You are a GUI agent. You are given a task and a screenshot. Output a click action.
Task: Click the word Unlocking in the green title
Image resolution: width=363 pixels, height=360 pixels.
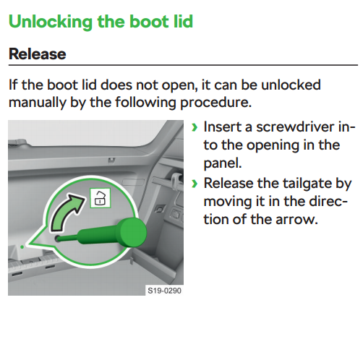coord(51,22)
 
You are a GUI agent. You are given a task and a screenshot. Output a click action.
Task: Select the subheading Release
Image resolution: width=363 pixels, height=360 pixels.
coord(38,53)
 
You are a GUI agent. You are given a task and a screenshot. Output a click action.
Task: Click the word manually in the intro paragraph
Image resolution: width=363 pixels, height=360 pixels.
coord(38,103)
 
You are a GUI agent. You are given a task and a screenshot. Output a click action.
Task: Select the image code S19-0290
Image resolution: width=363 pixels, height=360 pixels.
coord(164,291)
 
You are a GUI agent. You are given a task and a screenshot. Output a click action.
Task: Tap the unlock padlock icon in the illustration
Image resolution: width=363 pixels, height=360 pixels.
coord(101,198)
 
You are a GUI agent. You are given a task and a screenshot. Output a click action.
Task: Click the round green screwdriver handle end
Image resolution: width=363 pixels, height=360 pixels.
coord(133,233)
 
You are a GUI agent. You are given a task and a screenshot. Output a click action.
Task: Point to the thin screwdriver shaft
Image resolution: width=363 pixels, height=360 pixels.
coord(68,239)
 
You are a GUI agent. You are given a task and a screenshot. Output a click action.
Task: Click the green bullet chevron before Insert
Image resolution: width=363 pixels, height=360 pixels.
coord(195,127)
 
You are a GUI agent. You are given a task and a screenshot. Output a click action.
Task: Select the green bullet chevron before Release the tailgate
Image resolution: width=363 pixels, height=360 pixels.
coord(195,184)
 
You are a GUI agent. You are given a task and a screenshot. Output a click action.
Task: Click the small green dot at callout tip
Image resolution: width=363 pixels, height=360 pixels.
coord(22,247)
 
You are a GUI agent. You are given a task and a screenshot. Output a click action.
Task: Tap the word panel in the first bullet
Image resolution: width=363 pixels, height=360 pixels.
coord(223,163)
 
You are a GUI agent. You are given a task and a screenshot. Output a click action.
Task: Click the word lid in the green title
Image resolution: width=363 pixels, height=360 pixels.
coord(183,22)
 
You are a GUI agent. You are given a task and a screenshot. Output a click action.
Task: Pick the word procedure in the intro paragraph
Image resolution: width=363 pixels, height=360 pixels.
coord(215,103)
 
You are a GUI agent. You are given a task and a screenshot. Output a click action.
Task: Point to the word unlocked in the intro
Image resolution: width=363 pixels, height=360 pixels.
coord(291,85)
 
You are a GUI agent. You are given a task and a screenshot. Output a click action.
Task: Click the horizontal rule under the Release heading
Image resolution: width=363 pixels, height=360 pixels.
coord(183,65)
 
